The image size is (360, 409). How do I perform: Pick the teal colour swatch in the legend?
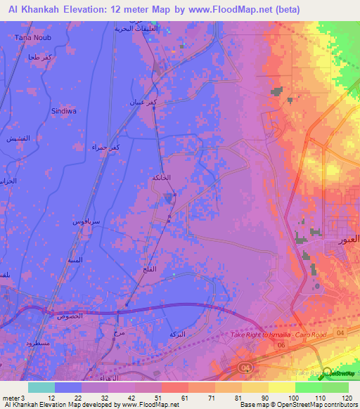[41, 387]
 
